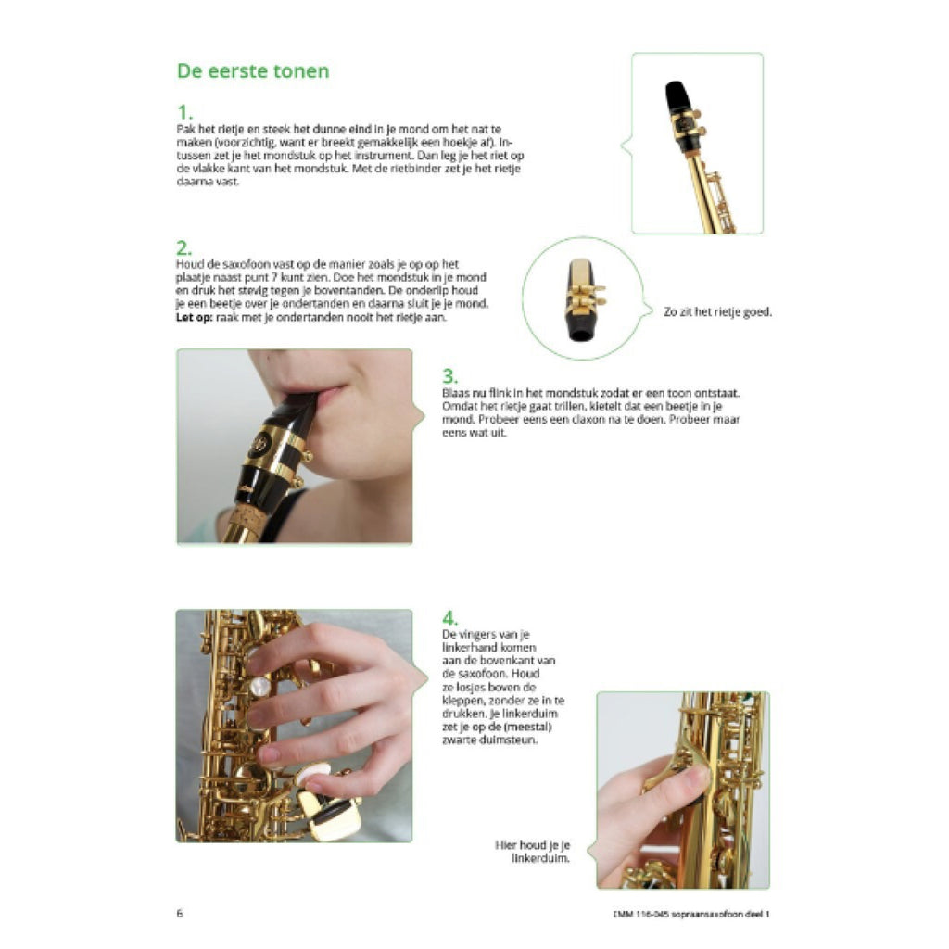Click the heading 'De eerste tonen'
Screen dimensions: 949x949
point(252,71)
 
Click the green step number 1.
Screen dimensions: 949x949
point(184,113)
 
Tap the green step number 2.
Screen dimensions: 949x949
point(184,248)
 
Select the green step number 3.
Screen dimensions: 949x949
point(450,377)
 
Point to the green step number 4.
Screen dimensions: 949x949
point(450,618)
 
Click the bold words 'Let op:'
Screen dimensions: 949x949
point(196,318)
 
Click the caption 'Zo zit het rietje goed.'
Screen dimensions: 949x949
point(717,312)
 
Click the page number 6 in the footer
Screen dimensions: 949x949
point(180,913)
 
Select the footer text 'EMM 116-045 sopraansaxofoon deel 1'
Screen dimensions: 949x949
point(685,914)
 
